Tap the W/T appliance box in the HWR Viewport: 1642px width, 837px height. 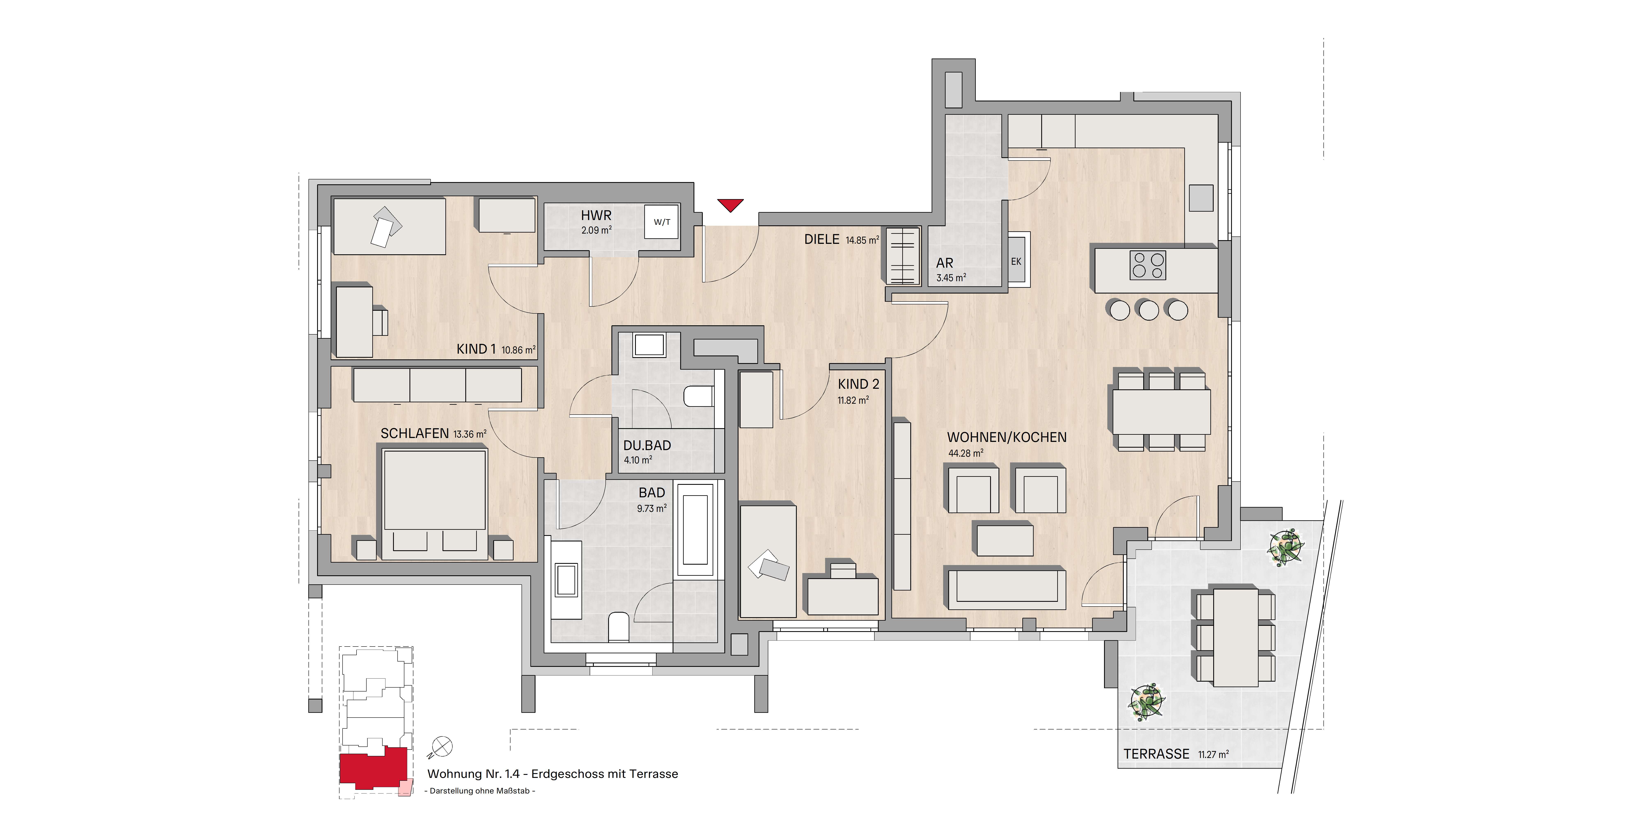tap(662, 222)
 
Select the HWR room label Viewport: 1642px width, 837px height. tap(596, 216)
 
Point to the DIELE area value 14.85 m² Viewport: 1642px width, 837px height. tap(862, 240)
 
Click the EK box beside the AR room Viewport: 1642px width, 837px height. tap(1016, 261)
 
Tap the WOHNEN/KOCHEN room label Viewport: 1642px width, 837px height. tap(1007, 437)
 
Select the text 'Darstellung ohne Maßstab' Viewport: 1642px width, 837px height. tap(479, 791)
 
